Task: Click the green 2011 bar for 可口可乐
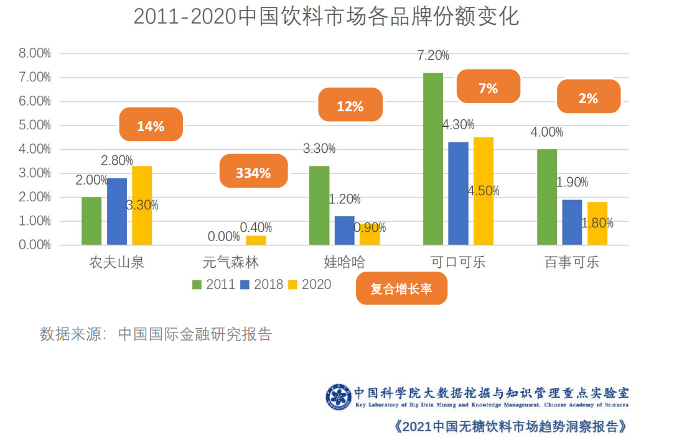(x=433, y=158)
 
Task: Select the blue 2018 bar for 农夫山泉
(x=117, y=211)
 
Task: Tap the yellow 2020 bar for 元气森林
(x=256, y=240)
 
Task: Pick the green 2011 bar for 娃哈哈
(x=319, y=205)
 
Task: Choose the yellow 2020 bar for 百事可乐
(x=597, y=223)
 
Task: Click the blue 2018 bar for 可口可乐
(x=459, y=193)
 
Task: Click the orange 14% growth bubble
(x=151, y=126)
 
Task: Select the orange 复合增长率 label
(x=401, y=289)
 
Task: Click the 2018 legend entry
(x=262, y=285)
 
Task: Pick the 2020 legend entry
(x=310, y=285)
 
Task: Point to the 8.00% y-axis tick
(x=35, y=53)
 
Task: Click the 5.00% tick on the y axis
(x=35, y=125)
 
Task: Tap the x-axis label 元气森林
(x=231, y=262)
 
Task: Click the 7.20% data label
(x=433, y=55)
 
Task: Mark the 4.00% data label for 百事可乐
(x=547, y=132)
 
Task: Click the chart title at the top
(x=326, y=17)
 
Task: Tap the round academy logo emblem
(x=339, y=396)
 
